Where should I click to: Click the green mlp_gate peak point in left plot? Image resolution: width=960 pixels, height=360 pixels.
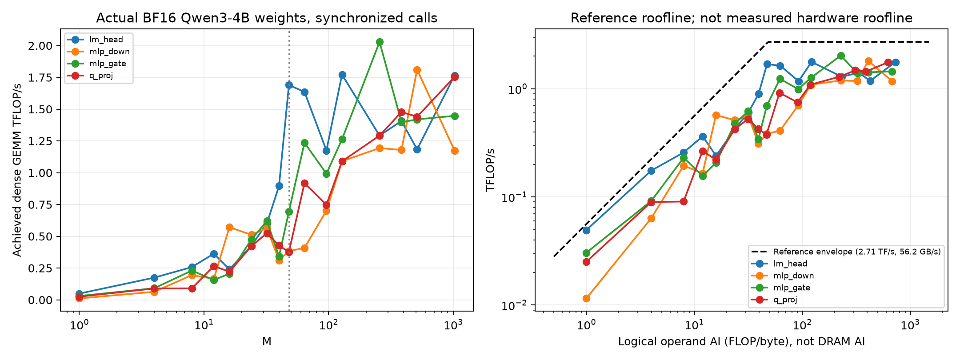380,42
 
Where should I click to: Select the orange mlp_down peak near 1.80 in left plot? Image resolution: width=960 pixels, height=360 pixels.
417,70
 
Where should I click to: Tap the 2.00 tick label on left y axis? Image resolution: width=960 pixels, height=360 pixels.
40,46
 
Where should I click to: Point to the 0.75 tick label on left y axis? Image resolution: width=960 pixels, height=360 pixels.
40,205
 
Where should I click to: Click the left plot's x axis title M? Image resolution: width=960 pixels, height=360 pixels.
267,341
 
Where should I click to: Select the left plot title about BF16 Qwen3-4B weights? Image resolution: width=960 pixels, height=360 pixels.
267,18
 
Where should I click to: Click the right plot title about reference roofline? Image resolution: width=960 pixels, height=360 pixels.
741,18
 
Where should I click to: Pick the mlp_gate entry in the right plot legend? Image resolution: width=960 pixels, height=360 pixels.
780,288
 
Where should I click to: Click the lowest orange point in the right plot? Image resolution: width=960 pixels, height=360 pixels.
586,298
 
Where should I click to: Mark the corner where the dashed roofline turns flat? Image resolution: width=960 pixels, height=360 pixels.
768,42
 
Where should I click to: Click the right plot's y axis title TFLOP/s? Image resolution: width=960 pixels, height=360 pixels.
490,170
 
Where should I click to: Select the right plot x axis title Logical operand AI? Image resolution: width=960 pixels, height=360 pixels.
741,341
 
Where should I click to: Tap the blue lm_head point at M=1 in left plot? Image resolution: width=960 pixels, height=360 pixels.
79,294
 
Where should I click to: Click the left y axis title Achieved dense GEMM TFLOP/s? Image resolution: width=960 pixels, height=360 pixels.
17,170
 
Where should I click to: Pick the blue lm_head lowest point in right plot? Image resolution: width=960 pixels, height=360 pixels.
586,230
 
